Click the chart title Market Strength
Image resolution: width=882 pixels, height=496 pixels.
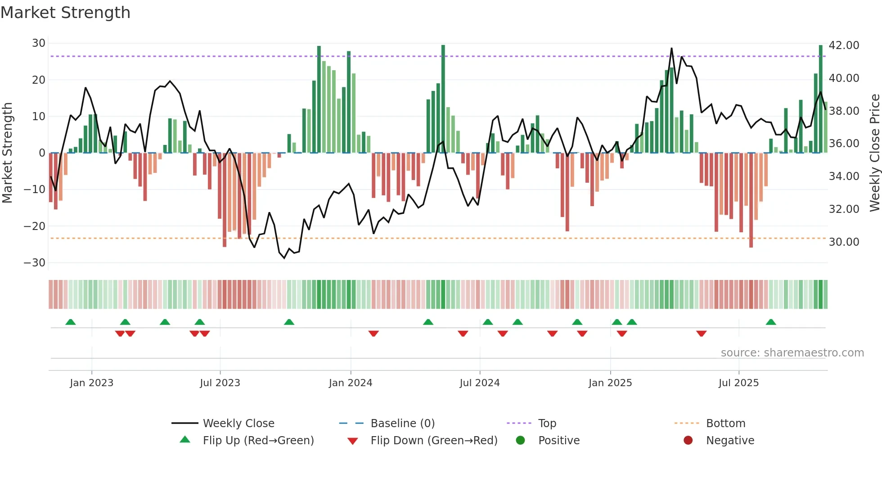point(65,13)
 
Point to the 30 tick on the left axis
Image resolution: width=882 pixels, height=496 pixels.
point(39,43)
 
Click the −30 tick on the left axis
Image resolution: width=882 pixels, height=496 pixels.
point(35,262)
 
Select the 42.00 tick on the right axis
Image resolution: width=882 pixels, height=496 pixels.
point(844,45)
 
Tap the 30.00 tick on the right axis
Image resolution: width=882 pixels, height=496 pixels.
point(844,242)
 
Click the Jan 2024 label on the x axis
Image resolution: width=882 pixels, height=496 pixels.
point(351,383)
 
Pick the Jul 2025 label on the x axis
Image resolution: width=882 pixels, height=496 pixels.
point(738,383)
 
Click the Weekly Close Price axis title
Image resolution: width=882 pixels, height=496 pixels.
point(874,153)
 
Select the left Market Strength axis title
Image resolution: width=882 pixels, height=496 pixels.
point(7,153)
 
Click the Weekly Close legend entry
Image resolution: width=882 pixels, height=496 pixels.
point(238,424)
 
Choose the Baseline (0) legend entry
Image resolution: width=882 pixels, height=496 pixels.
point(402,424)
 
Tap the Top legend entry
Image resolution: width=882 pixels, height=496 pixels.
point(547,424)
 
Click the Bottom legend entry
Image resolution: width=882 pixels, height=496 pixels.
point(725,424)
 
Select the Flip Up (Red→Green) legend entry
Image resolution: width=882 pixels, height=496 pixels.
point(258,441)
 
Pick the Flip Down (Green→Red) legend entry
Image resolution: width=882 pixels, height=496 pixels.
point(434,441)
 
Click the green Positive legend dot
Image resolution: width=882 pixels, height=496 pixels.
point(521,441)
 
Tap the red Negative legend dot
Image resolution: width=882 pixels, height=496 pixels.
point(688,441)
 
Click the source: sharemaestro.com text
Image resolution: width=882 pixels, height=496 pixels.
point(792,353)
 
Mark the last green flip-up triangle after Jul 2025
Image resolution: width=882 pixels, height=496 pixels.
point(771,322)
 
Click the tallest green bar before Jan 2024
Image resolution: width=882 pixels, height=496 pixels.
point(319,99)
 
